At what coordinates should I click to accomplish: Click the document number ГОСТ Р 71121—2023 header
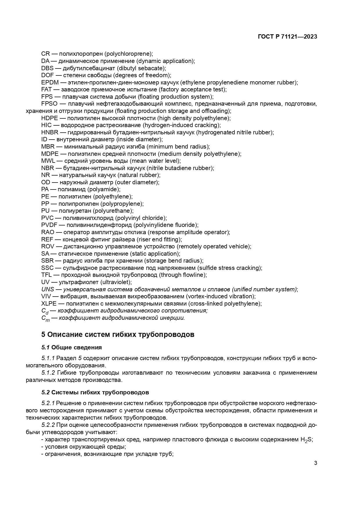[287, 37]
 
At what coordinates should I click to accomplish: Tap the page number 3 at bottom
[316, 463]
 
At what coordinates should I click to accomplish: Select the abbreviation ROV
[48, 246]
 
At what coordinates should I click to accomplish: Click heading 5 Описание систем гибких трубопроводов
[117, 335]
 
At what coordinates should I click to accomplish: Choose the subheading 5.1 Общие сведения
[71, 347]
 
